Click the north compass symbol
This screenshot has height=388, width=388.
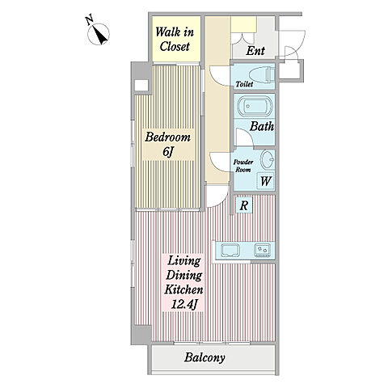point(99,34)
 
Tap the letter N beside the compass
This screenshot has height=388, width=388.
point(90,20)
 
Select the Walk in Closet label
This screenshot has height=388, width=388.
point(175,40)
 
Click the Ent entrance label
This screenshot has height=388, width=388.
point(255,51)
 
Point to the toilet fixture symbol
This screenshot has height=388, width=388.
point(262,75)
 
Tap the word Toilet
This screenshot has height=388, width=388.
point(244,84)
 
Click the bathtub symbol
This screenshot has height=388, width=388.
point(254,106)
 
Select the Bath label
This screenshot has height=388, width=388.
point(262,126)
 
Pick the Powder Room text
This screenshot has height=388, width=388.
point(243,166)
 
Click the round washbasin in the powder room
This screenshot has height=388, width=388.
point(268,160)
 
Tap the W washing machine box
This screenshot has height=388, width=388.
point(265,181)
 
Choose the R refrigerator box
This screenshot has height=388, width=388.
point(244,205)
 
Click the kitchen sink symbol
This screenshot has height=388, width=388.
point(230,251)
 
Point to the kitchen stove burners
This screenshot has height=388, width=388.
point(263,251)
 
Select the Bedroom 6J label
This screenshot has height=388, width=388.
point(168,144)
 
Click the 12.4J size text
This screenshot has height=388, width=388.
point(183,305)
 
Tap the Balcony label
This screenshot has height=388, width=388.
point(205,358)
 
